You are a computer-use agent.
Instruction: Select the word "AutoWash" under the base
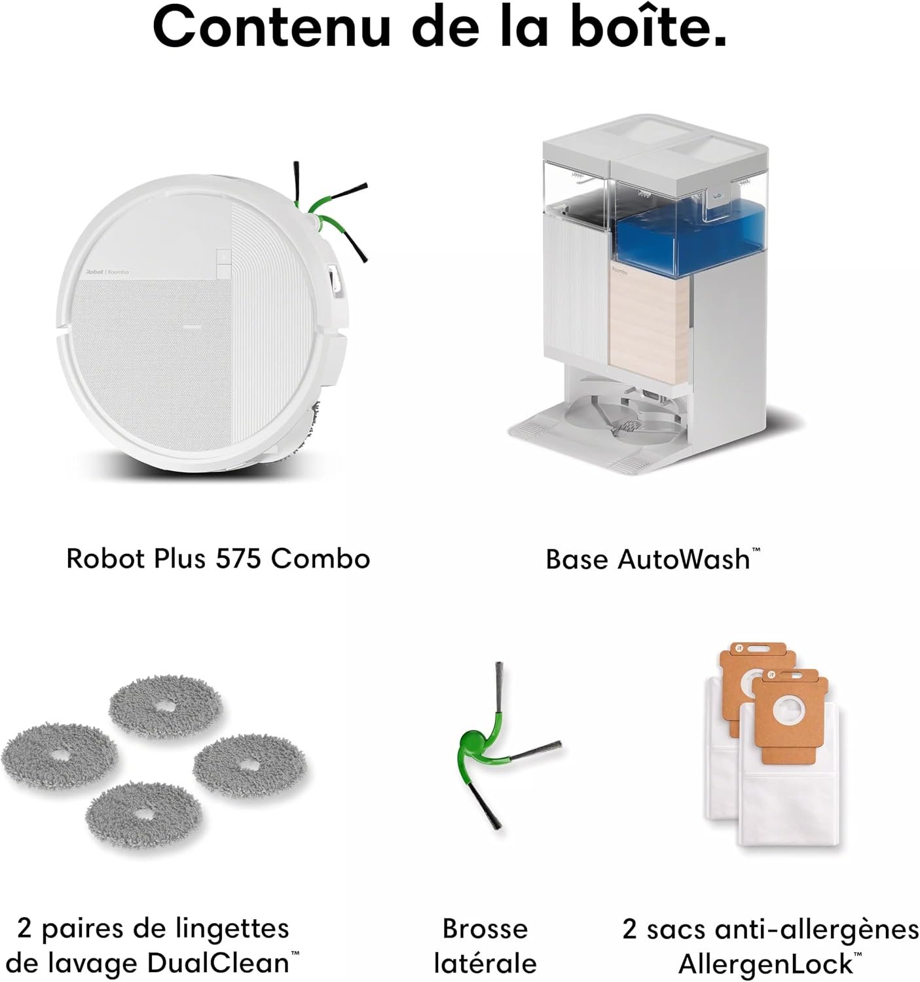(x=684, y=559)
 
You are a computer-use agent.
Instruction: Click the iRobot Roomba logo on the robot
(x=107, y=272)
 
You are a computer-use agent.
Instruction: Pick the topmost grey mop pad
(x=165, y=707)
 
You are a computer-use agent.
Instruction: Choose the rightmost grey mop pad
(x=249, y=767)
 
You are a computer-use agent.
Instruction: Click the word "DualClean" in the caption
(x=218, y=963)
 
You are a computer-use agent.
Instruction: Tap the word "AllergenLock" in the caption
(x=765, y=963)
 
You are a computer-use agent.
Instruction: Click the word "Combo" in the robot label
(x=320, y=558)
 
